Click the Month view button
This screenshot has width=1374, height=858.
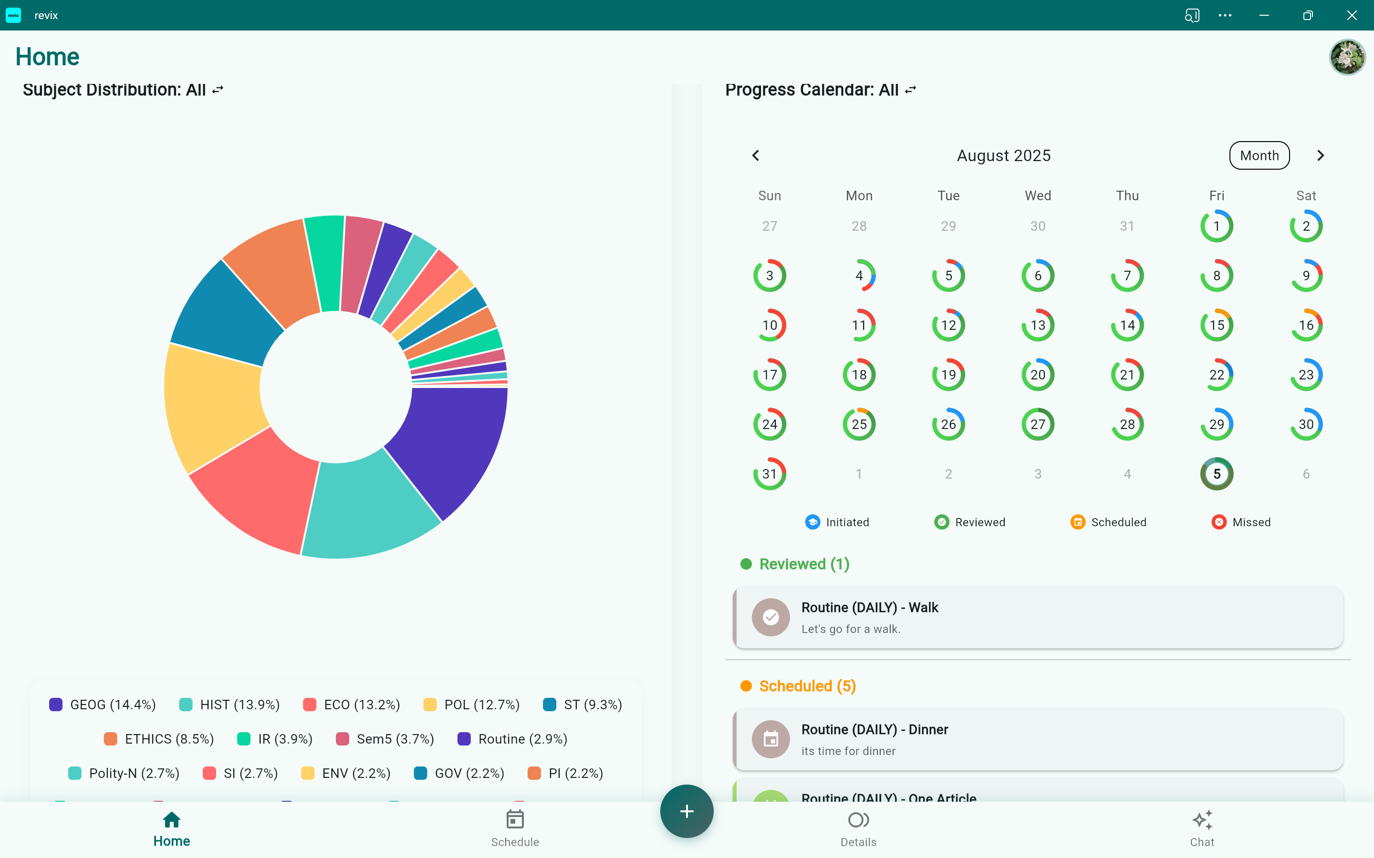(x=1259, y=155)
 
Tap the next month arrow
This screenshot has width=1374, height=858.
(x=1320, y=155)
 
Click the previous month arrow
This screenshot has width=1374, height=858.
(x=756, y=155)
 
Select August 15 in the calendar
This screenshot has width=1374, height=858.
(x=1216, y=325)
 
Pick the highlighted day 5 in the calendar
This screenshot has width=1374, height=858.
(x=1216, y=474)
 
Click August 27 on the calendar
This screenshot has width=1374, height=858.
(x=1037, y=424)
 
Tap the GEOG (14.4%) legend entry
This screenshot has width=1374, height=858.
(x=102, y=705)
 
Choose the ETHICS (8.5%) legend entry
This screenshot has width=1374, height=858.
(x=159, y=739)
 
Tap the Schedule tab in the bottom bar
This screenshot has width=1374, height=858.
(x=515, y=828)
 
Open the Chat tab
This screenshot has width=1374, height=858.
(x=1201, y=828)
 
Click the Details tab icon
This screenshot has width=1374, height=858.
(x=858, y=820)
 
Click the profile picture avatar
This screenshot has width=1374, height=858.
(x=1347, y=57)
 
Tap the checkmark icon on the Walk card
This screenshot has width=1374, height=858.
(x=770, y=617)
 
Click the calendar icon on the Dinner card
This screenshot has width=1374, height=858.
(x=770, y=739)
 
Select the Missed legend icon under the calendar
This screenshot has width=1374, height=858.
(x=1218, y=522)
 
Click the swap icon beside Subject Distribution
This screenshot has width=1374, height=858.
(x=218, y=90)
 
